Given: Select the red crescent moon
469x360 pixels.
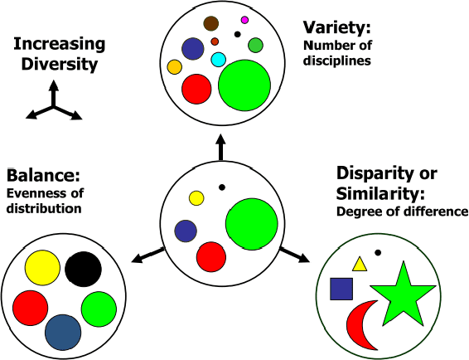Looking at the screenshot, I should pyautogui.click(x=360, y=326).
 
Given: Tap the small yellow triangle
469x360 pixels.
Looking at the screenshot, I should pyautogui.click(x=360, y=265).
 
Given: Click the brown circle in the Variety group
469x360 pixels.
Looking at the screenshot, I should pyautogui.click(x=211, y=24).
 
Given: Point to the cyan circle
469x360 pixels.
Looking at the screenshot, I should pyautogui.click(x=219, y=59).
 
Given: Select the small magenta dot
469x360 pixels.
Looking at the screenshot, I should pyautogui.click(x=244, y=20).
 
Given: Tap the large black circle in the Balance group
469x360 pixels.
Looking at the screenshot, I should pyautogui.click(x=83, y=269).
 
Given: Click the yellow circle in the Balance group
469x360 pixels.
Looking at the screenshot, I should pyautogui.click(x=42, y=269).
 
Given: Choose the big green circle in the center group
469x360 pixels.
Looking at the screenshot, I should pyautogui.click(x=251, y=224).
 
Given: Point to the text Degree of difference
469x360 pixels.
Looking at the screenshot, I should pyautogui.click(x=402, y=211).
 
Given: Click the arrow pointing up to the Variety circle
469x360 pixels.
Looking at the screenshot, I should pyautogui.click(x=220, y=146).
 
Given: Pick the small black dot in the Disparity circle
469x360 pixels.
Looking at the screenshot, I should pyautogui.click(x=378, y=252).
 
